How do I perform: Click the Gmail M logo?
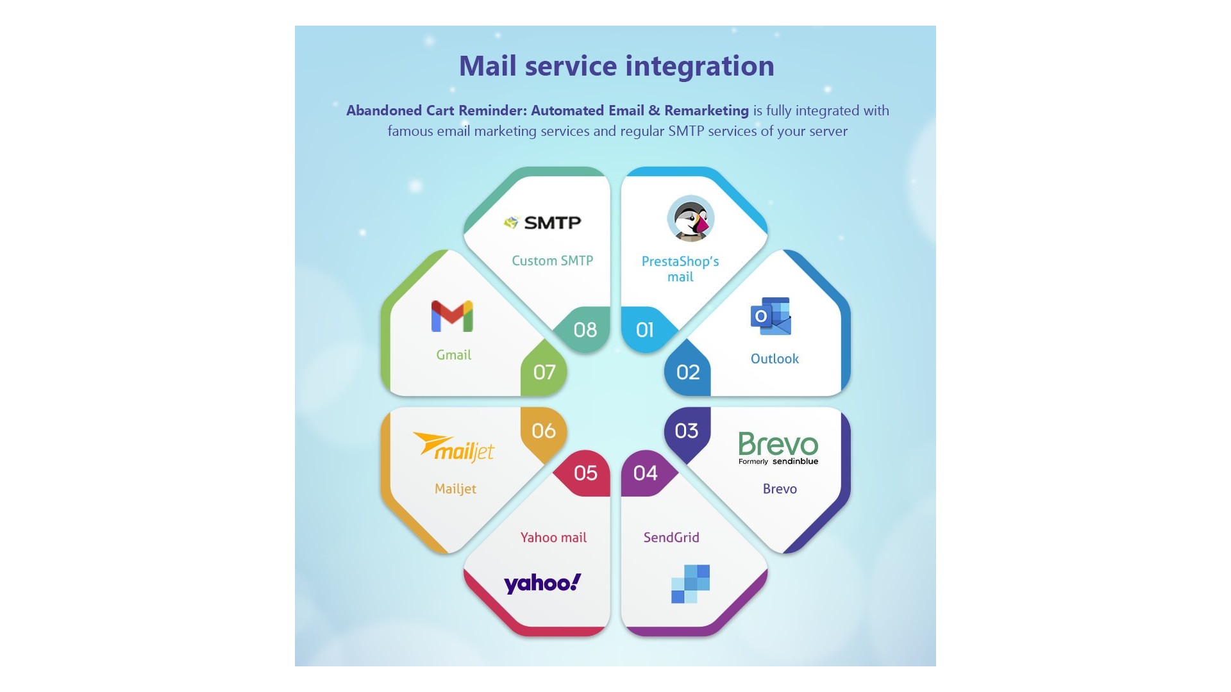tap(452, 317)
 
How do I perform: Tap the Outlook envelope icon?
tap(771, 316)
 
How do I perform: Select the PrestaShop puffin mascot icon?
tap(691, 219)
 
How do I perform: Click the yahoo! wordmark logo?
tap(542, 583)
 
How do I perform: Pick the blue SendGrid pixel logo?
tap(691, 584)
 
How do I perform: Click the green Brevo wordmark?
tap(778, 443)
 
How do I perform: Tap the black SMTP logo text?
tap(552, 222)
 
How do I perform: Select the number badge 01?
tap(645, 330)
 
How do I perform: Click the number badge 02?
tap(688, 372)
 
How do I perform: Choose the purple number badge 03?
tap(687, 431)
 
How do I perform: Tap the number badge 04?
tap(646, 473)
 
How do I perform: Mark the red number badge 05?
tap(585, 473)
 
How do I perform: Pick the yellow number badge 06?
tap(544, 431)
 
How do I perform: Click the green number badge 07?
tap(544, 372)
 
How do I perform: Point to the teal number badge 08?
tap(585, 330)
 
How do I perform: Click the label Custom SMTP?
tap(553, 261)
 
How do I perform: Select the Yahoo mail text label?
tap(553, 538)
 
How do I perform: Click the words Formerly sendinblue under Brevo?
tap(778, 461)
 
